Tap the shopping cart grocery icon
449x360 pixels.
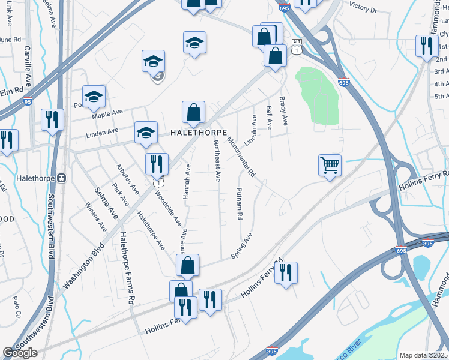point(330,164)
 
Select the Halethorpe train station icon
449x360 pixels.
point(61,178)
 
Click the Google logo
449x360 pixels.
point(20,353)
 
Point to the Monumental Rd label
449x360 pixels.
point(241,157)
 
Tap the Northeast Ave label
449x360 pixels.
point(217,160)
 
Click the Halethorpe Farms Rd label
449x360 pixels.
point(126,268)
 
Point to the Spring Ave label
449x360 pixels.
point(242,246)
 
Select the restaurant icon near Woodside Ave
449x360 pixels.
point(157,163)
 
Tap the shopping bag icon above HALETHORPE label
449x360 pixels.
point(194,112)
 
